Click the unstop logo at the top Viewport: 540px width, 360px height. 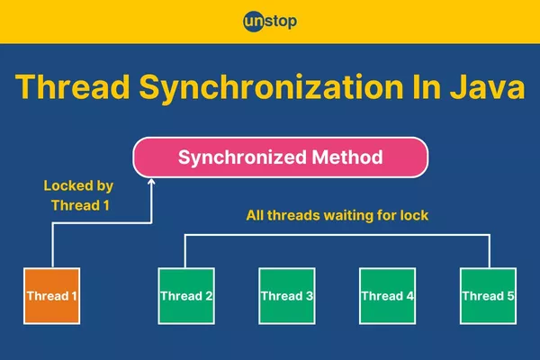click(x=269, y=20)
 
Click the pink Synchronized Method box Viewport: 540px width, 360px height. click(x=280, y=157)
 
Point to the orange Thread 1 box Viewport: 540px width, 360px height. click(x=51, y=295)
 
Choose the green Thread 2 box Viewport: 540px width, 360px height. click(x=186, y=295)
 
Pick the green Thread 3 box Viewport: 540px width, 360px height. click(x=287, y=295)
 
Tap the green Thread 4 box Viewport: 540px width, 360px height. click(x=388, y=295)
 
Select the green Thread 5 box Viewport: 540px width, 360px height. click(x=489, y=295)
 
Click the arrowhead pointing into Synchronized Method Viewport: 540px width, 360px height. click(x=152, y=183)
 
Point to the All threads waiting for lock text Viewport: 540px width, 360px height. click(x=337, y=216)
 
